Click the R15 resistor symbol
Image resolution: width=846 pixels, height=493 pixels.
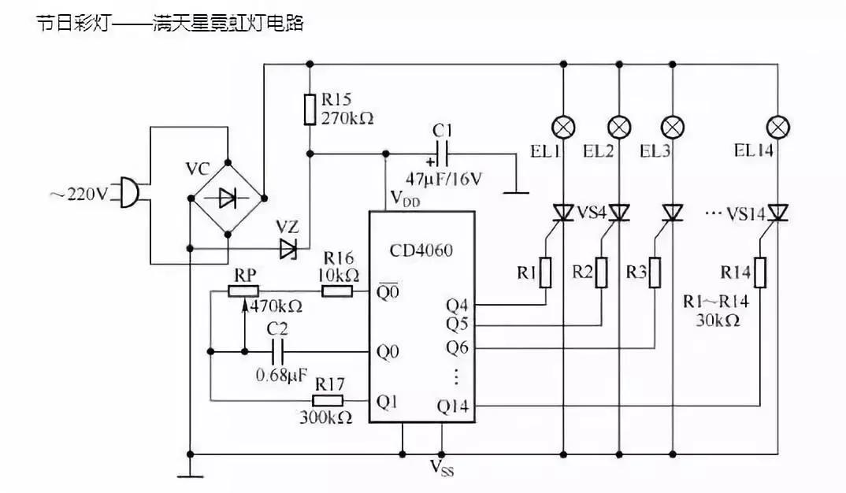coord(310,109)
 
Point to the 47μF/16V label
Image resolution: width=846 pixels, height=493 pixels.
coord(445,179)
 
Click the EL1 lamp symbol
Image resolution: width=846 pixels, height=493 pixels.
coord(564,127)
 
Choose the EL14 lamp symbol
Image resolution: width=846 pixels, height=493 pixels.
coord(778,127)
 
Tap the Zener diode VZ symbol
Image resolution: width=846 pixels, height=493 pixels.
coord(288,249)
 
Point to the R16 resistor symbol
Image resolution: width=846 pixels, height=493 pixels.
coord(337,291)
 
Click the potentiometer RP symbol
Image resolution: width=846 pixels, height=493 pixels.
coord(244,291)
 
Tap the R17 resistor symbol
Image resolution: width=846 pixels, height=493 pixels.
coord(330,401)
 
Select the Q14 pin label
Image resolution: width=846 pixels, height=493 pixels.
coord(452,406)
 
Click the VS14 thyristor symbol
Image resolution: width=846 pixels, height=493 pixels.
coord(778,213)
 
